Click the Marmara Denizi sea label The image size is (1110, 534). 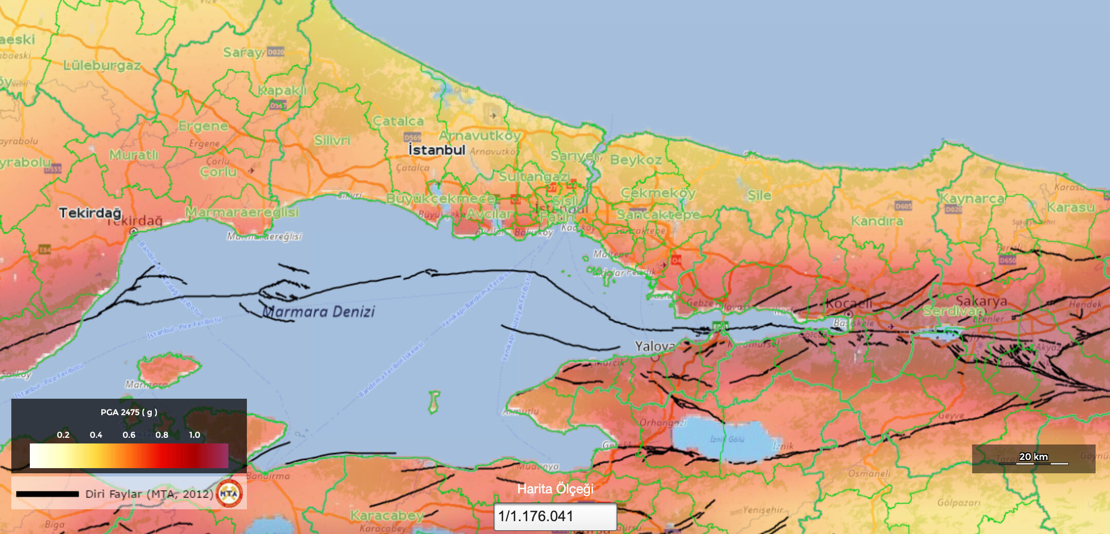tap(319, 312)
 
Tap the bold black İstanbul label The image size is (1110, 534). tap(437, 150)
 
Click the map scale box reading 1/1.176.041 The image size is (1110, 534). tap(555, 516)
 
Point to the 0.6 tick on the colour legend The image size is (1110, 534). tap(129, 435)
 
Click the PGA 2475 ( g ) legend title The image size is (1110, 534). tap(129, 412)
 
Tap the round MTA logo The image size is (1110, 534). tap(229, 493)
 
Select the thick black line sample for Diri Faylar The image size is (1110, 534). tap(47, 494)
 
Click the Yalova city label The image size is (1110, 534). tap(654, 346)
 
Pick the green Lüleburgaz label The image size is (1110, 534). tap(102, 65)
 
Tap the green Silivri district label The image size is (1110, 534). tap(332, 140)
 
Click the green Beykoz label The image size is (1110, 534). tap(636, 159)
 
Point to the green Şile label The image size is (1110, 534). tap(759, 195)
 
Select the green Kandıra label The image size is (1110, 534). tap(876, 221)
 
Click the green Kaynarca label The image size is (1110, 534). tap(972, 198)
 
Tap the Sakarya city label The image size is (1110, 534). tap(981, 301)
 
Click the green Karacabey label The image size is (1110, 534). tap(387, 515)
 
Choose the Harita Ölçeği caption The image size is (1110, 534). tap(555, 489)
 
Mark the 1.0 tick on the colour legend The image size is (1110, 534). tap(194, 435)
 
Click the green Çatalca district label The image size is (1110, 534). tap(398, 121)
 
